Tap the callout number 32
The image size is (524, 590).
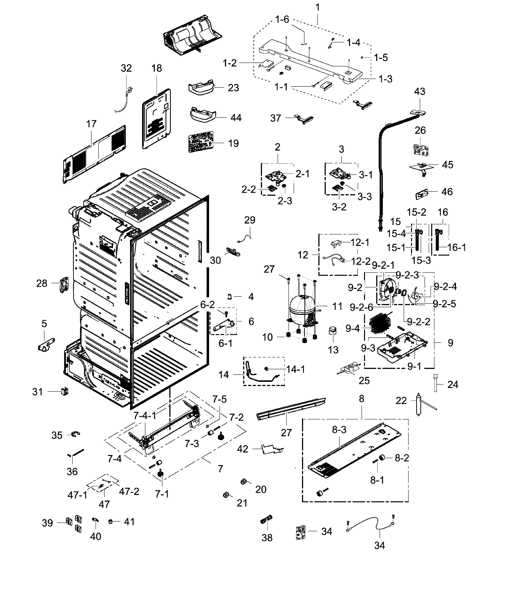point(126,68)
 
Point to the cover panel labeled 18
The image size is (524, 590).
point(156,119)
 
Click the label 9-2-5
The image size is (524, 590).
point(445,304)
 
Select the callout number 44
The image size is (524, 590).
point(236,118)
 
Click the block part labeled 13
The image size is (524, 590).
point(333,331)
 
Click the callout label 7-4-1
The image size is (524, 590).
point(145,416)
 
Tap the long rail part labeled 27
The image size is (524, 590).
point(291,407)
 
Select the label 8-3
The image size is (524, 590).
point(339,430)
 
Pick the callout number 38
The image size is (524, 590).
point(267,538)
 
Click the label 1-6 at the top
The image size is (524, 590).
point(282,20)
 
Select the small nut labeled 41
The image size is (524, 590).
point(111,521)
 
